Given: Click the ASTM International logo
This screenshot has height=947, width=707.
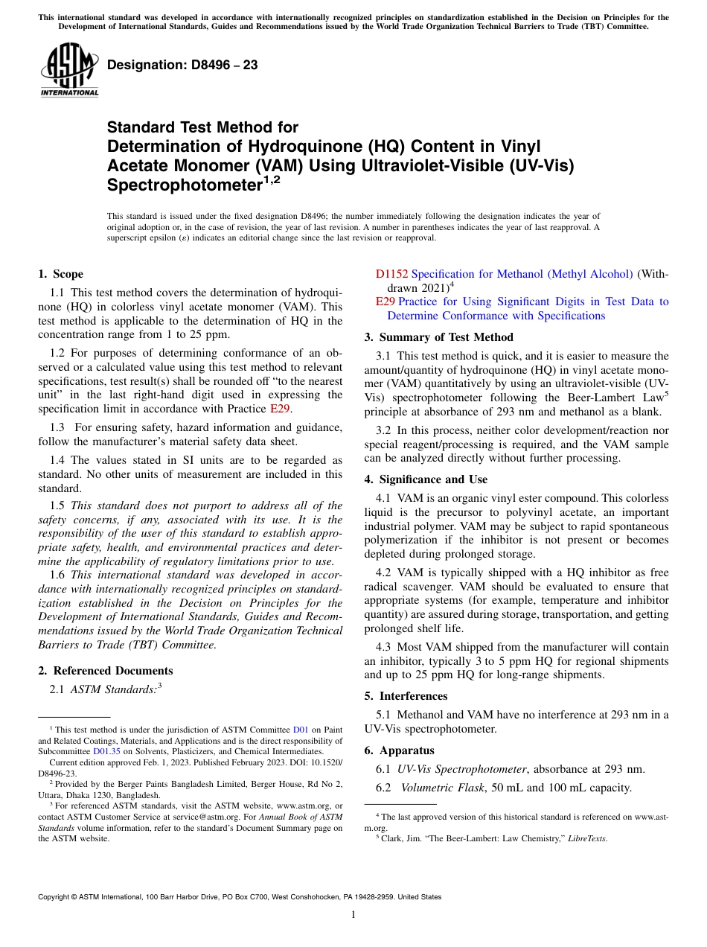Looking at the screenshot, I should (68, 68).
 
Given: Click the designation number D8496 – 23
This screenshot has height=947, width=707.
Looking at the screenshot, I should (182, 65).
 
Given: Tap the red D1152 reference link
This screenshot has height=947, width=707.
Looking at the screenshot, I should (392, 274).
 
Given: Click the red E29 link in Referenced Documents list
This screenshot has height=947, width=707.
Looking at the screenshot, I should (385, 302).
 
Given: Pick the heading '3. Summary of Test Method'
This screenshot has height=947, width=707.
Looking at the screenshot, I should (438, 337).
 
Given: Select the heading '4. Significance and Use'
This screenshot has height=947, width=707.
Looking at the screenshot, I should (426, 479).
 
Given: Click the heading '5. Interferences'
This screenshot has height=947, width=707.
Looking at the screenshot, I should (406, 696).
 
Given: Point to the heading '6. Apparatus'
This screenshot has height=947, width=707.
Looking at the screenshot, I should (399, 750).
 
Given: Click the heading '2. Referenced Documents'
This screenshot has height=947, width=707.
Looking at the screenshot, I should (106, 671).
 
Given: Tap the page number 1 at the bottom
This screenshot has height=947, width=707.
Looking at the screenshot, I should (353, 914).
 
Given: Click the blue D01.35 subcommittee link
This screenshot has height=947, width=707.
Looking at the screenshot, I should (106, 751).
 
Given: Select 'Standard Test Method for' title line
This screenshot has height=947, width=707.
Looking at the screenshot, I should (202, 127).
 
